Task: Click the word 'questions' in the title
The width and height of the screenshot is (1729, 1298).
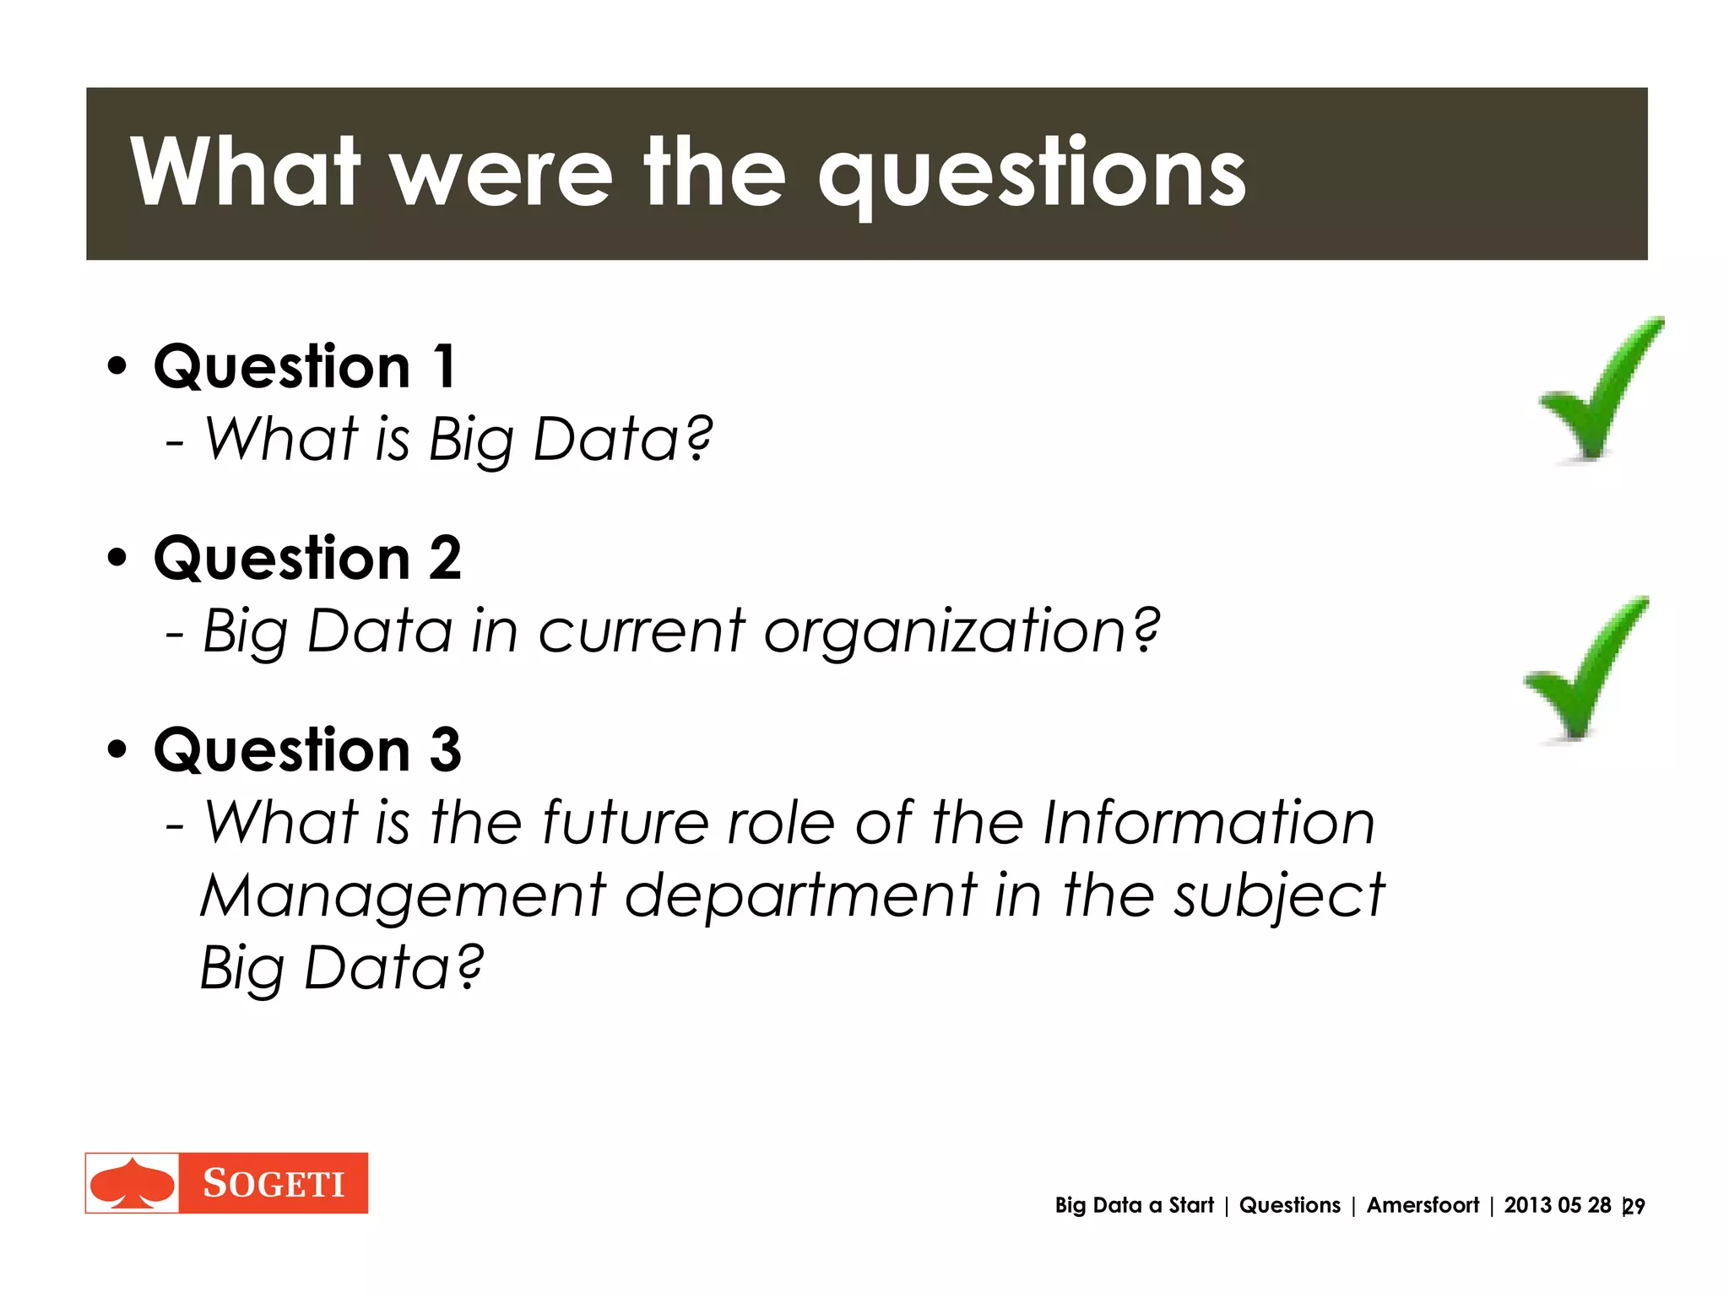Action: [x=1032, y=176]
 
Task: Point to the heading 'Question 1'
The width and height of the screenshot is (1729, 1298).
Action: [x=305, y=367]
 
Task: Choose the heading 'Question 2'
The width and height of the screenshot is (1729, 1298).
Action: [x=307, y=559]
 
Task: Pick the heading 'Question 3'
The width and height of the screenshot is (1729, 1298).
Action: [x=307, y=750]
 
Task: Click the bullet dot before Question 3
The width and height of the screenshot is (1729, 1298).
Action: [x=117, y=749]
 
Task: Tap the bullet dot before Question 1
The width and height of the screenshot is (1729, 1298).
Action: [x=117, y=367]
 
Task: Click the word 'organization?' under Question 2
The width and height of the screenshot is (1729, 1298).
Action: [x=962, y=632]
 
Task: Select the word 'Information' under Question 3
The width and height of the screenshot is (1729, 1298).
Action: [x=1209, y=823]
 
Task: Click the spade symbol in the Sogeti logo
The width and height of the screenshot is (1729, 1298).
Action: [x=133, y=1183]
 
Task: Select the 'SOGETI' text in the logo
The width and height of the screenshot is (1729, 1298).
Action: [x=274, y=1184]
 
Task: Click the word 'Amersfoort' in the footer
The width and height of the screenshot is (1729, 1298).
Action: [x=1423, y=1205]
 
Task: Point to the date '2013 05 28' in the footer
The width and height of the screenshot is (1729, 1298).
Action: [x=1557, y=1205]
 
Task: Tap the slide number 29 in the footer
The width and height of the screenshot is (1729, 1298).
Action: [x=1634, y=1207]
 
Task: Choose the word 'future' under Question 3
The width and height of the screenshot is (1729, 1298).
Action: [x=625, y=823]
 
